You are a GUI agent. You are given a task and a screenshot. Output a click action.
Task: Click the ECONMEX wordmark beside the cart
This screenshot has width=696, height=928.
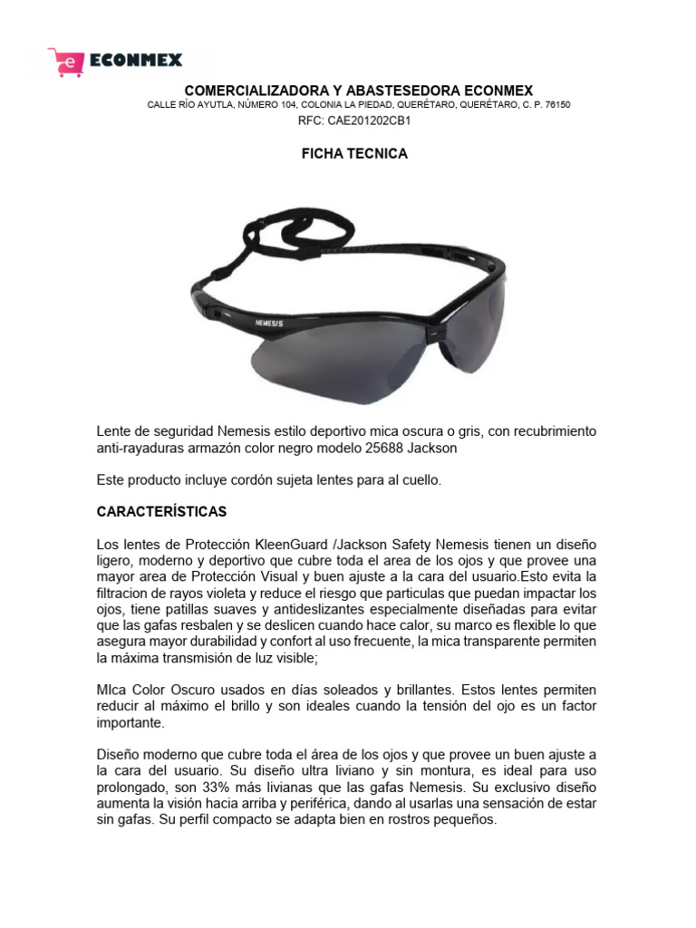[136, 61]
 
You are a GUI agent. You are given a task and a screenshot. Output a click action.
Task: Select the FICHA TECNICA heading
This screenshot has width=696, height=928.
[354, 154]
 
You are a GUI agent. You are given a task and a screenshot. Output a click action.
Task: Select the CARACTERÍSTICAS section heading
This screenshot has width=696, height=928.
[162, 512]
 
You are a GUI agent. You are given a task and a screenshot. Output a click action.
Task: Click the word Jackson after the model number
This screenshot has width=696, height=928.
[436, 448]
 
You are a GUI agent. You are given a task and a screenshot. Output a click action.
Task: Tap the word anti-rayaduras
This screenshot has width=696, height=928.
[140, 448]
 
